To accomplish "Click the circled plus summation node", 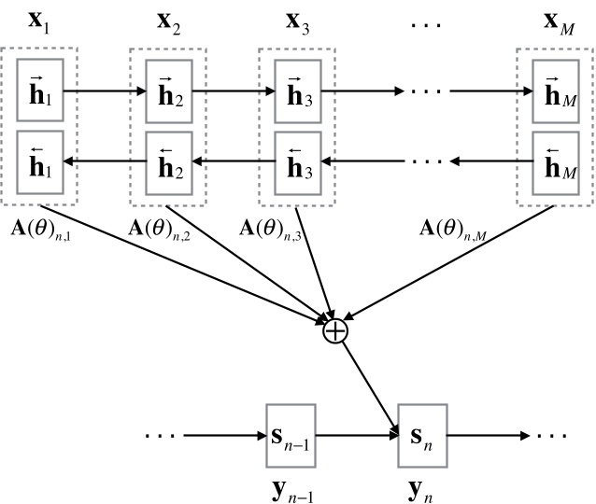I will (333, 329).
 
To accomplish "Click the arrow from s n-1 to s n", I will (358, 434).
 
